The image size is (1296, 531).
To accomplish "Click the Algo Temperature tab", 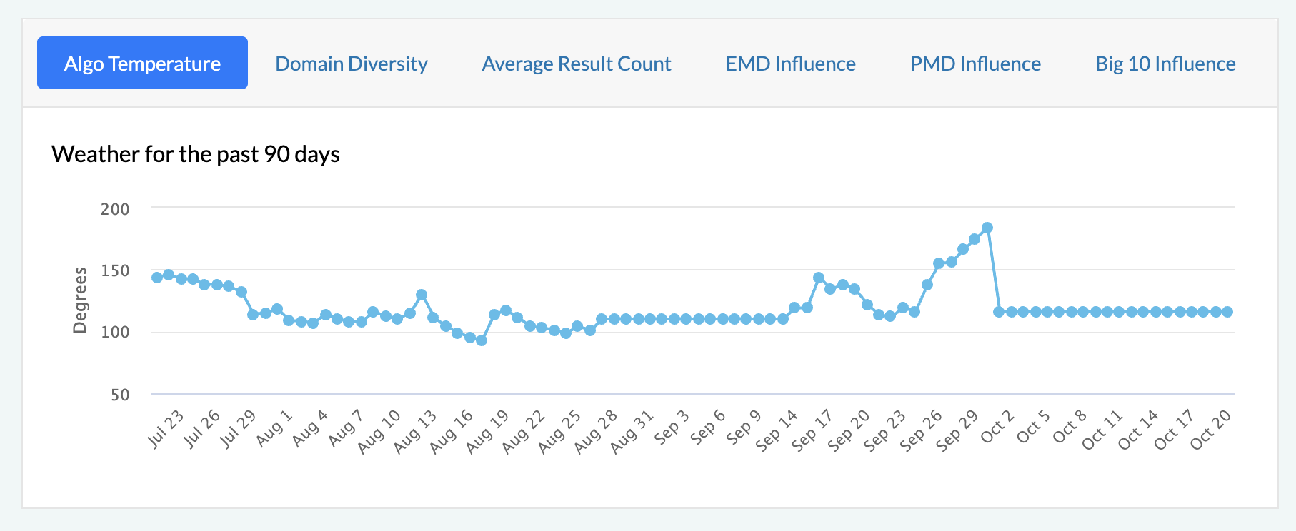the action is [142, 63].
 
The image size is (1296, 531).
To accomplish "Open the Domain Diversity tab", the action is [352, 64].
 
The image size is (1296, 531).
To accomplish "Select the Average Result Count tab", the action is [577, 64].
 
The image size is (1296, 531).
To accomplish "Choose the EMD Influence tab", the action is [791, 64].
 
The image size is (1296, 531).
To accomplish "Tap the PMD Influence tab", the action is [975, 64].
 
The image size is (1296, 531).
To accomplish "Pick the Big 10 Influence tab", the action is [1165, 64].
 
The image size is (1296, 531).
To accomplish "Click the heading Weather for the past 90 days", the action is [196, 154].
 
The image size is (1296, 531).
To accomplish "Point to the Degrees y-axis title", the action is [80, 300].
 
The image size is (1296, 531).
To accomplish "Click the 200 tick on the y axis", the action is [115, 209].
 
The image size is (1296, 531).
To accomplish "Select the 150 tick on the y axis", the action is [115, 270].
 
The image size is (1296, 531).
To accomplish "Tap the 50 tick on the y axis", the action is [120, 395].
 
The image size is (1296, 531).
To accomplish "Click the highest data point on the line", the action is [987, 228].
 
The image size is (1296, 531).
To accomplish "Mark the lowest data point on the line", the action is [482, 340].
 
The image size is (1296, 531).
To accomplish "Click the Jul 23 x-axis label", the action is [166, 429].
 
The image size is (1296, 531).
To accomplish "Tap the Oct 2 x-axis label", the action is [997, 426].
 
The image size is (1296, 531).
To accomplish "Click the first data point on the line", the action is [157, 278].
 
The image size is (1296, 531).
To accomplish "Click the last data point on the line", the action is [1227, 312].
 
